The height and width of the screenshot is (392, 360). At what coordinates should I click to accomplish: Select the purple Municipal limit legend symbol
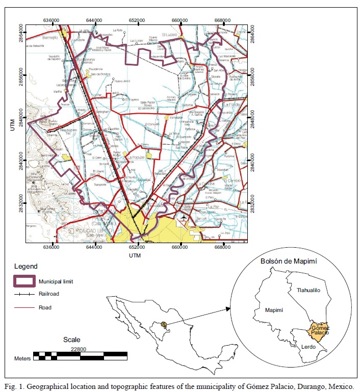point(24,281)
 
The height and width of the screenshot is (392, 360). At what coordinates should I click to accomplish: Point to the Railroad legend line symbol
point(24,294)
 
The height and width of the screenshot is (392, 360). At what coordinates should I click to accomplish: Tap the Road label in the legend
point(44,307)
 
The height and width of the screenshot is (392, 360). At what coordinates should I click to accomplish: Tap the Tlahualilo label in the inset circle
point(308,290)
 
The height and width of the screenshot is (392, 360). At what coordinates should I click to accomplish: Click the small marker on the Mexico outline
point(164,324)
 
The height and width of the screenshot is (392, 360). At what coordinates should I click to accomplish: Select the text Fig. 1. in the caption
point(16,386)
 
